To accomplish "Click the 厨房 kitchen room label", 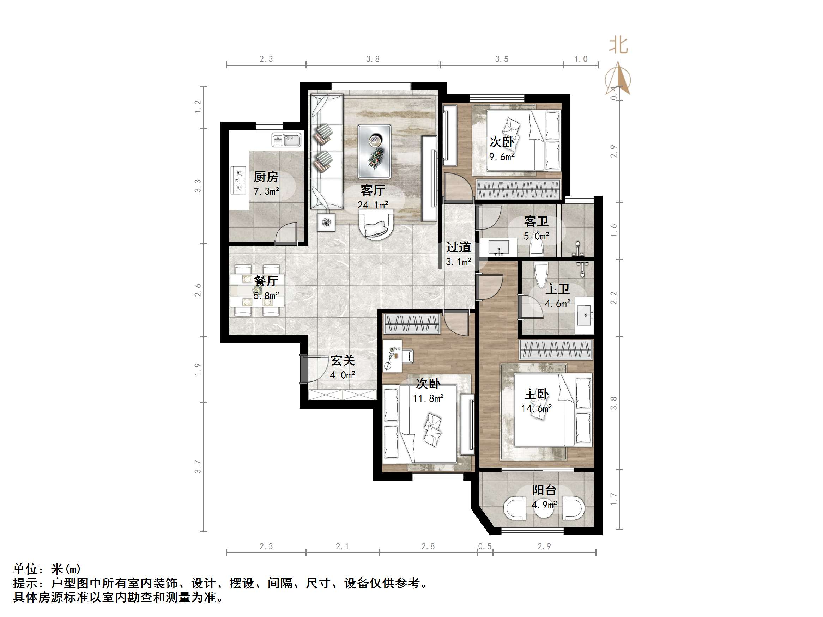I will (x=266, y=177).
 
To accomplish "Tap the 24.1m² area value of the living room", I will (x=373, y=205).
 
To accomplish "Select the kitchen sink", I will (x=286, y=140).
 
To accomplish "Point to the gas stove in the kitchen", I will (x=238, y=180).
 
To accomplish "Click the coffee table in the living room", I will (x=374, y=151).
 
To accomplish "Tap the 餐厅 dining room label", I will (x=266, y=281).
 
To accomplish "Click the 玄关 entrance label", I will (x=343, y=360).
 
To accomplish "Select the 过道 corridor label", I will (x=458, y=247).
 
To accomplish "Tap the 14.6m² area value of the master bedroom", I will (x=536, y=408).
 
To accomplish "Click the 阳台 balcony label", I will (x=544, y=490).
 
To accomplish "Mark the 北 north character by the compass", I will (x=618, y=45).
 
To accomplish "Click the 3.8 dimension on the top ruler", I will (x=373, y=59).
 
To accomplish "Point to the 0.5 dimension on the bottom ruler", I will (x=485, y=546).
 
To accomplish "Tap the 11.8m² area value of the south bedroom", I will (x=428, y=398).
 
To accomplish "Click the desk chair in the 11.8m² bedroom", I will (x=407, y=355).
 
